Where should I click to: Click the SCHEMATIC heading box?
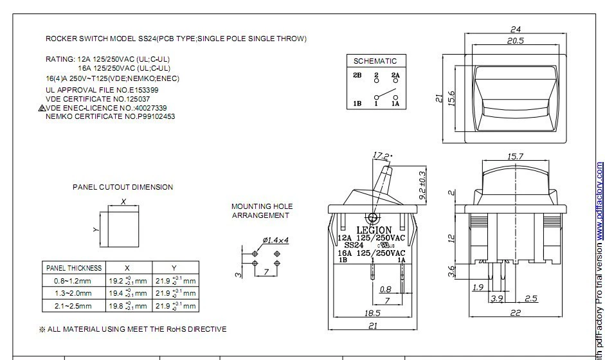click(x=375, y=61)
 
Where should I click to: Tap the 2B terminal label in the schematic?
click(x=357, y=76)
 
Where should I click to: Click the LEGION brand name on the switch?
click(x=374, y=230)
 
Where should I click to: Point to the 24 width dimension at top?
click(x=515, y=29)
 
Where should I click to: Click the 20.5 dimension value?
click(x=515, y=40)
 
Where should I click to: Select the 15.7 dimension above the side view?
click(x=515, y=156)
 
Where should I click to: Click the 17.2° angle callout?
click(x=382, y=155)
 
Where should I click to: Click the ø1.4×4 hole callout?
click(x=276, y=240)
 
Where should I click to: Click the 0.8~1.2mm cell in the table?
click(x=73, y=281)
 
